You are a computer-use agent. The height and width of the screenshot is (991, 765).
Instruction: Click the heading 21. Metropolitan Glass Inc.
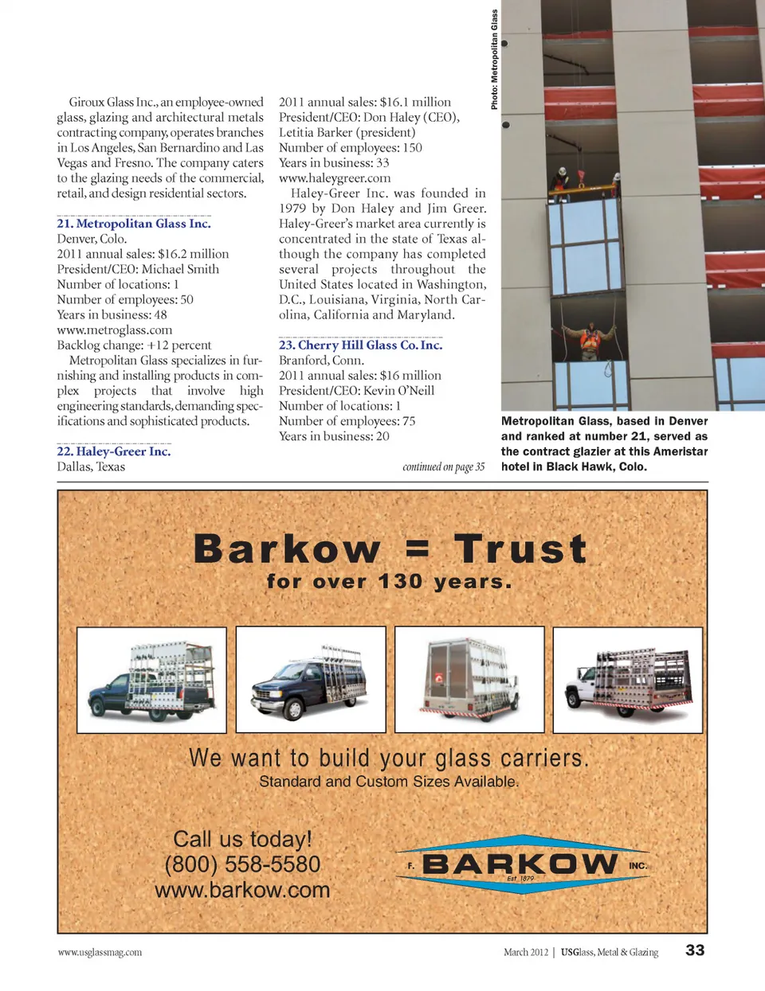point(134,224)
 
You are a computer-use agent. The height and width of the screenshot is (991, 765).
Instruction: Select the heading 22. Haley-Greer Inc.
point(114,451)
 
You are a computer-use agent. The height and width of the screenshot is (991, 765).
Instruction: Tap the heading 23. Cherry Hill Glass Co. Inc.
point(360,345)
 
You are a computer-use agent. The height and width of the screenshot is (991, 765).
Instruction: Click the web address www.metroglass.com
point(115,330)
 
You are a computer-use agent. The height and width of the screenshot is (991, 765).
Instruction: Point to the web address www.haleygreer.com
point(335,178)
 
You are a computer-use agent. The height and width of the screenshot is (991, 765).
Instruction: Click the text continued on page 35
point(443,467)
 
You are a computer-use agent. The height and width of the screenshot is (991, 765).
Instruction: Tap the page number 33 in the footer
point(695,950)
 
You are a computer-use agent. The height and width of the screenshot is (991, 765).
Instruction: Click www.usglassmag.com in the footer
point(100,952)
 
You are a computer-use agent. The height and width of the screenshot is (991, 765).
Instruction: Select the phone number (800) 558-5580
point(242,864)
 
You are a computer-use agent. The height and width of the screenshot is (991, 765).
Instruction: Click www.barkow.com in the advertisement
point(242,890)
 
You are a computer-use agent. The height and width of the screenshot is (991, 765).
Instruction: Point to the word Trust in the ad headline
point(520,549)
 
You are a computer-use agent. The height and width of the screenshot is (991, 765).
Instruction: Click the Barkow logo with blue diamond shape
point(522,864)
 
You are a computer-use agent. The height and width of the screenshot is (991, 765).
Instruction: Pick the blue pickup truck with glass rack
point(151,681)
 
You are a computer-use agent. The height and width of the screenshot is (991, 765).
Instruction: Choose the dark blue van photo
point(311,681)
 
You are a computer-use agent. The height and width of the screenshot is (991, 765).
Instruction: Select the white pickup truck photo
point(628,681)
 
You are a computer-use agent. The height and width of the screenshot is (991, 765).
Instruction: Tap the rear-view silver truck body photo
point(469,681)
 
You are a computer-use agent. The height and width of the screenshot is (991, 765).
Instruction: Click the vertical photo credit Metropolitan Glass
point(494,60)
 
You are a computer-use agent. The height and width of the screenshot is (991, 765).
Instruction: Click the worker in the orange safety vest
point(590,340)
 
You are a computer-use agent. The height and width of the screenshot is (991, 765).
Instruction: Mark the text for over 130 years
point(389,582)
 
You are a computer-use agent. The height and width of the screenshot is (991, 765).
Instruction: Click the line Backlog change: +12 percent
point(134,345)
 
